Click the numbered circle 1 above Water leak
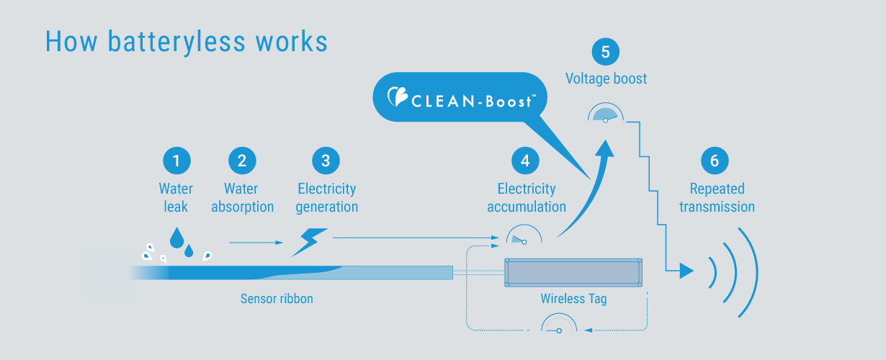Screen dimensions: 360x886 coord(176,160)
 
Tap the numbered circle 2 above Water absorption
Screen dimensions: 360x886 coord(242,160)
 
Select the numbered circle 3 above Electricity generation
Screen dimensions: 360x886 coord(326,160)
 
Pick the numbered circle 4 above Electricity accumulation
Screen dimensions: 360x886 coord(525,160)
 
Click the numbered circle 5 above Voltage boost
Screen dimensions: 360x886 coord(606,52)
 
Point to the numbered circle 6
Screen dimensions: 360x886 coord(715,160)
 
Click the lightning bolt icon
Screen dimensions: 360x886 coord(310,242)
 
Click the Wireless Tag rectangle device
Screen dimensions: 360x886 coord(573,272)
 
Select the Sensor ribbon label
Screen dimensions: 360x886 coord(277,298)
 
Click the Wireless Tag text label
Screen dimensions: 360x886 coord(573,298)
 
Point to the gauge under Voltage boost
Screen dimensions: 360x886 coord(606,114)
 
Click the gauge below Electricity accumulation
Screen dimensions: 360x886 coord(524,236)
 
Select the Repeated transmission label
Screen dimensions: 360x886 coord(717,198)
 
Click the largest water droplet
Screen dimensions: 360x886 coord(176,238)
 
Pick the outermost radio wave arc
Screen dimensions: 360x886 coord(750,271)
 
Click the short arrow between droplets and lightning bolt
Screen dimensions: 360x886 coord(256,243)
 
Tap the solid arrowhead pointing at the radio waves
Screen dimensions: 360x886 coord(686,271)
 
